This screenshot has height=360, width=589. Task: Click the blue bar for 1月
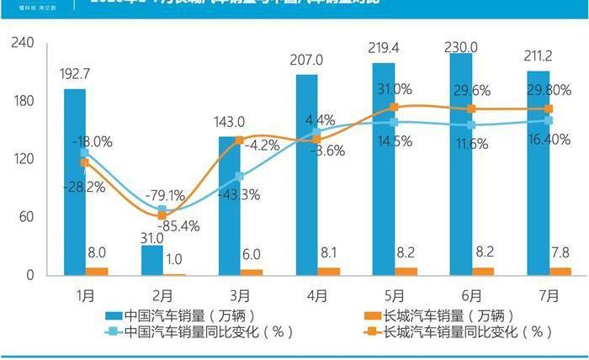click(x=74, y=181)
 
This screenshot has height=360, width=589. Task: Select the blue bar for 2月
click(x=151, y=260)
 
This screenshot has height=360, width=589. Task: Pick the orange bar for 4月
click(x=329, y=271)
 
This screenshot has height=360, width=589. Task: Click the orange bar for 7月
click(x=560, y=271)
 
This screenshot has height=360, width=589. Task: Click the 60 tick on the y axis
click(x=26, y=217)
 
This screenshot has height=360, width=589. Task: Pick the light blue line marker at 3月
click(x=240, y=177)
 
